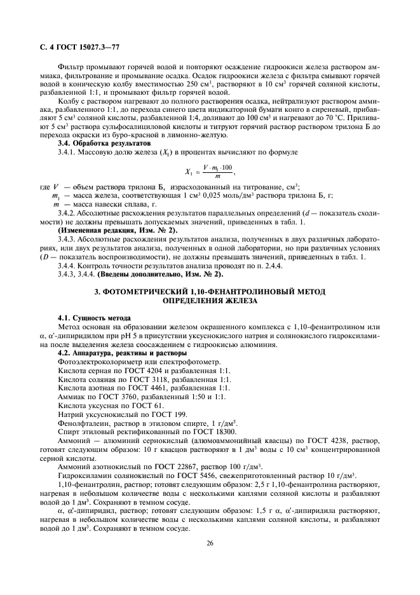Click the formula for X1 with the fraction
pos(209,172)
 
